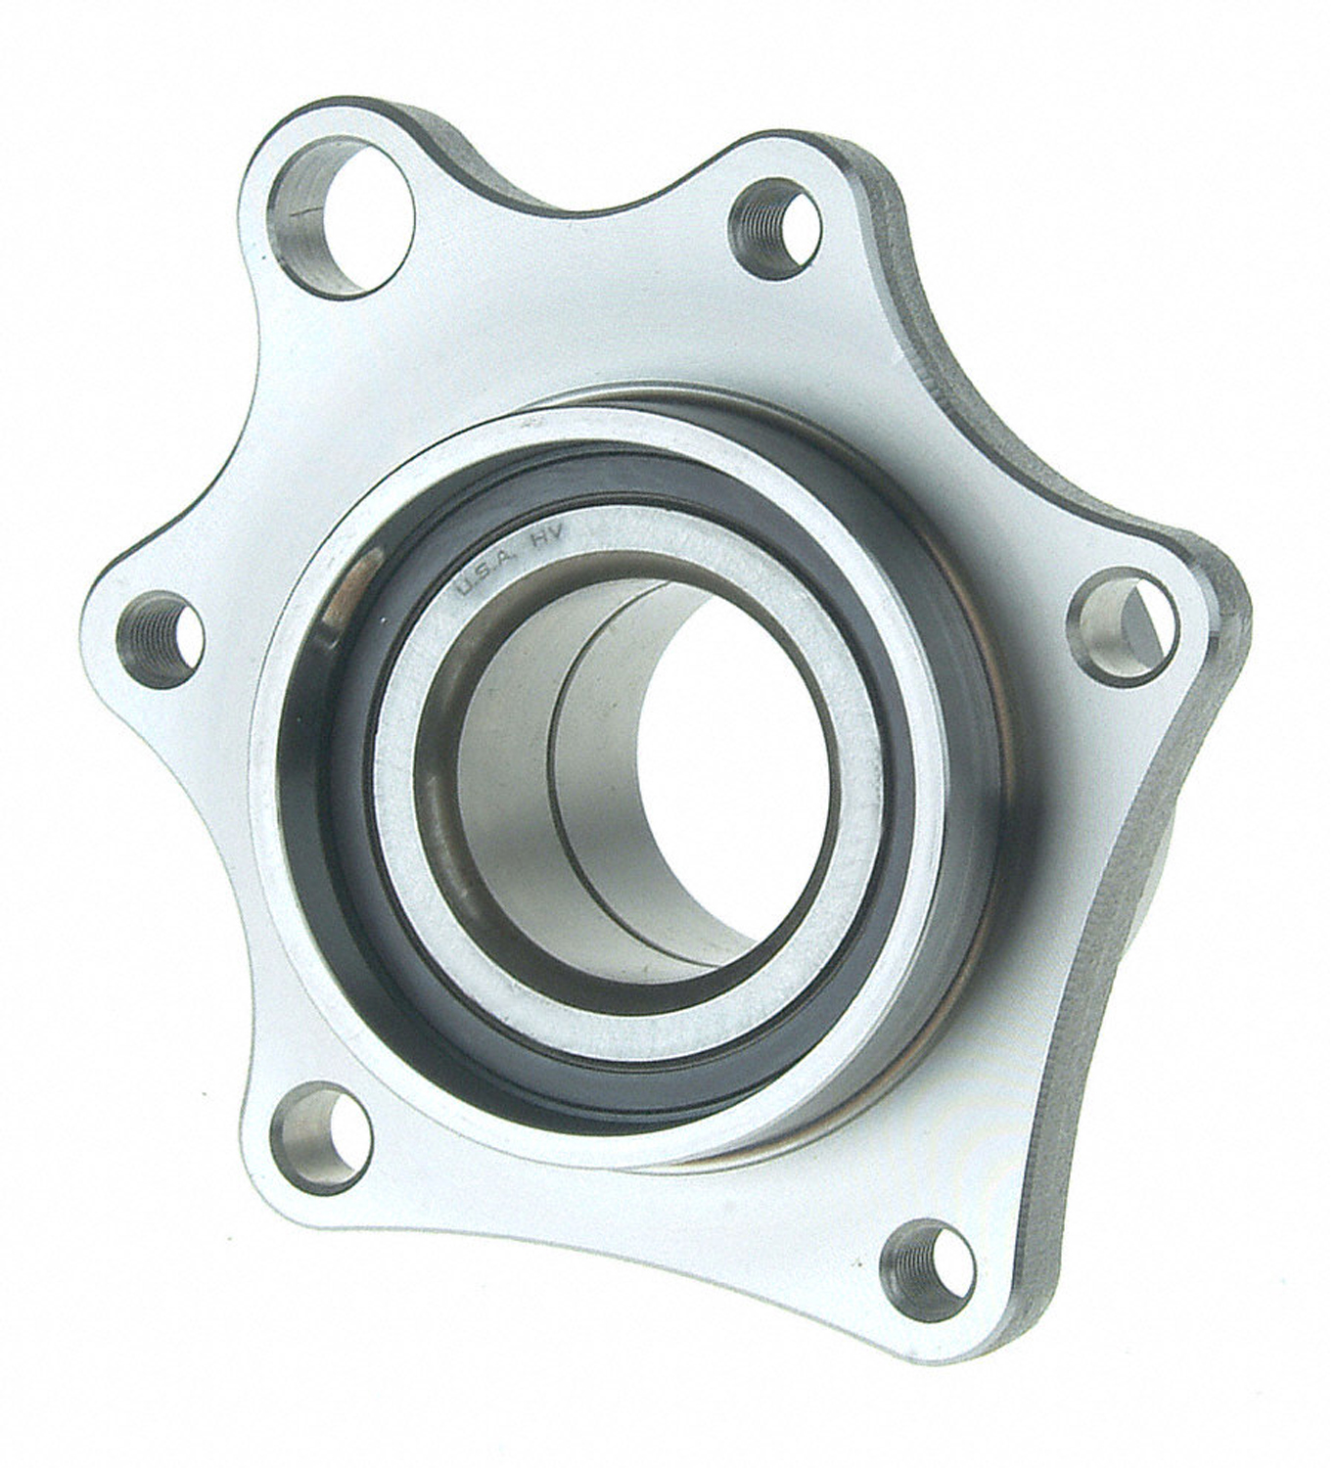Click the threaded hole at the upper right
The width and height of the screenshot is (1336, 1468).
click(774, 228)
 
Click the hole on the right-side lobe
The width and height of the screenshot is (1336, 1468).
click(1122, 626)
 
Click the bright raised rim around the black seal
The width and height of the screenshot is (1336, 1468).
click(284, 881)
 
